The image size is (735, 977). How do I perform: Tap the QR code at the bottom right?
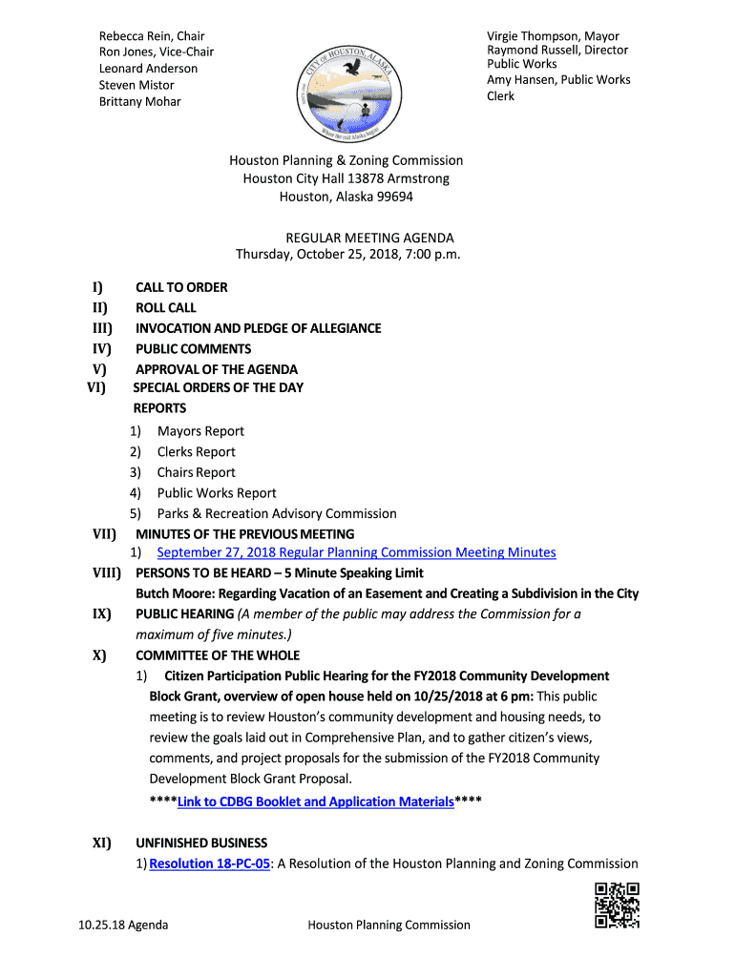616,905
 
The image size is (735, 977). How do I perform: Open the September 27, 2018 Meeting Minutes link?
356,552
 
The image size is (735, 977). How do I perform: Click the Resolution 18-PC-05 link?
209,863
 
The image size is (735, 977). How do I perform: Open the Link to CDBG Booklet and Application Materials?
315,801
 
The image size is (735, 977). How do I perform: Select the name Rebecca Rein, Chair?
152,36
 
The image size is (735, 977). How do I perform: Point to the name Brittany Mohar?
139,101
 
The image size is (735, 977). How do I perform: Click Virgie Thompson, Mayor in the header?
553,36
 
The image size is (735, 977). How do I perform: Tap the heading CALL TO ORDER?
181,287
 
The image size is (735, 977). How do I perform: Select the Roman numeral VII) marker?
104,533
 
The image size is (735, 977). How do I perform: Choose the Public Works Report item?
217,492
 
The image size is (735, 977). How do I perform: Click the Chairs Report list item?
196,472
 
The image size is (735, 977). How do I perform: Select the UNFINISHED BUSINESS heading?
201,842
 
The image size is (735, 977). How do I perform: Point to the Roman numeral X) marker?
99,655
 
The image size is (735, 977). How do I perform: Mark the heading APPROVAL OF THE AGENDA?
217,369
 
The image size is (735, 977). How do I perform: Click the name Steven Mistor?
136,85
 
